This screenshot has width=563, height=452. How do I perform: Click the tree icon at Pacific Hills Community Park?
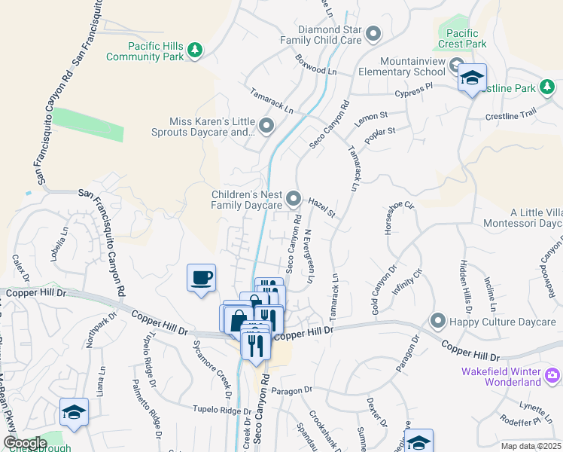pyautogui.click(x=196, y=50)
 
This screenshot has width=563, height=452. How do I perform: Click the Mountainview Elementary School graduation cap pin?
pyautogui.click(x=472, y=78)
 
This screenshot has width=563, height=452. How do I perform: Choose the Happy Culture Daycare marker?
pyautogui.click(x=437, y=322)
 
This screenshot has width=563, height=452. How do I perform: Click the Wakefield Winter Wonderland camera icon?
pyautogui.click(x=552, y=374)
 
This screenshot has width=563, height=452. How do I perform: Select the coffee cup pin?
pyautogui.click(x=201, y=278)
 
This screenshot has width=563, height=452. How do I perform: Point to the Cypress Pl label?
pyautogui.click(x=415, y=91)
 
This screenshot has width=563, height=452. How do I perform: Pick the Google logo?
pyautogui.click(x=25, y=443)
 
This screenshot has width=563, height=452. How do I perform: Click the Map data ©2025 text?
pyautogui.click(x=531, y=446)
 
